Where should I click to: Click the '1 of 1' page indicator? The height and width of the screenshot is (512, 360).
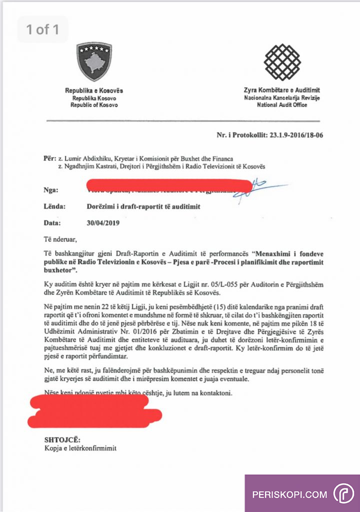[42, 29]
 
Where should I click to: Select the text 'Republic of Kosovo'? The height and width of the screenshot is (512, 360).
[94, 105]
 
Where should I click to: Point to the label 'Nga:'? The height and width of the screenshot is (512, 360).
[51, 190]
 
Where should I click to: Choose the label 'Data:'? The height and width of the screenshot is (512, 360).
[52, 223]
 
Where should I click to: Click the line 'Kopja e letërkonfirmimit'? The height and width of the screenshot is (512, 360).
[80, 448]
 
